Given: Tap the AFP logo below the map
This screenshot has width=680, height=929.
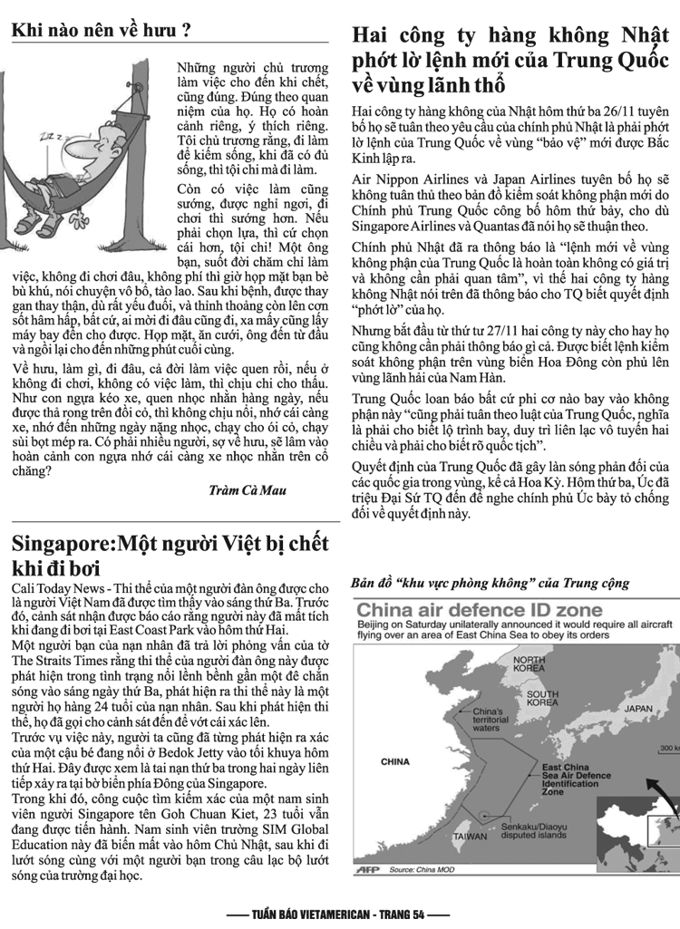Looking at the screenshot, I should [x=370, y=868].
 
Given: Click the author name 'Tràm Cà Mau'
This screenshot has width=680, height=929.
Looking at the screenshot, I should [x=247, y=490].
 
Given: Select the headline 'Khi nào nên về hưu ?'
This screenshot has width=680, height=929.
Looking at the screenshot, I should [x=101, y=30].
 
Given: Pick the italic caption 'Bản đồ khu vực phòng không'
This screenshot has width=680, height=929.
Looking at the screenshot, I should [x=490, y=583].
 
